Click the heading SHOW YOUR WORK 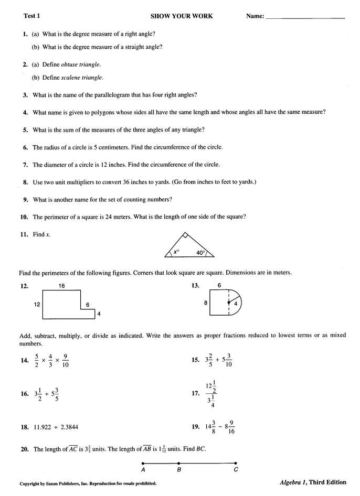(x=182, y=16)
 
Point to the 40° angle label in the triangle (x=201, y=253)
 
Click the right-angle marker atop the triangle (x=185, y=235)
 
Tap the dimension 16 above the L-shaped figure (x=62, y=286)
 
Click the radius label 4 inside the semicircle (x=236, y=304)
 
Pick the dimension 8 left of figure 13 (x=205, y=303)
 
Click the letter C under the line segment (x=236, y=470)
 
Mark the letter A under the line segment (x=143, y=470)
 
